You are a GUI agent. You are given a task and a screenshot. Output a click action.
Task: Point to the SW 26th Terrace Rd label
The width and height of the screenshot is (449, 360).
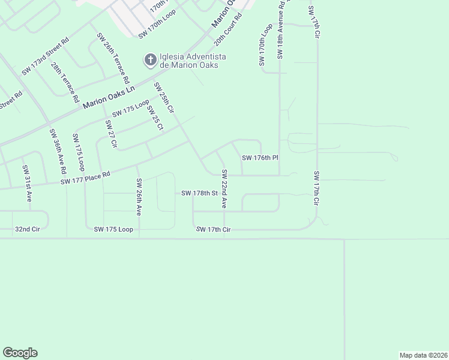(113, 58)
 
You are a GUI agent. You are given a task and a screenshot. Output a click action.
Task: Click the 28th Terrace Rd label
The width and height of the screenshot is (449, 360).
(65, 83)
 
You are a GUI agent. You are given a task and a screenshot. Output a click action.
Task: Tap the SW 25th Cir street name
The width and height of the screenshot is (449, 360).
(164, 98)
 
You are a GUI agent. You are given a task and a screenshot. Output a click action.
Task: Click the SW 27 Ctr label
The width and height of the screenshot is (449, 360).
(110, 134)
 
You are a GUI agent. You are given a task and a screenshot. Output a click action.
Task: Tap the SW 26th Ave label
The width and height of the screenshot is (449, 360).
(139, 197)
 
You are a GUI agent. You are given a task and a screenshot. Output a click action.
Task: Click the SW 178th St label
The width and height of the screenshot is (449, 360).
(199, 193)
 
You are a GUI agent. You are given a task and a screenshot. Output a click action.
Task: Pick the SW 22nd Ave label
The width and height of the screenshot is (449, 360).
(224, 189)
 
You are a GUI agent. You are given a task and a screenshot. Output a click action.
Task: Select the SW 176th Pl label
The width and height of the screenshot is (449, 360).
(260, 158)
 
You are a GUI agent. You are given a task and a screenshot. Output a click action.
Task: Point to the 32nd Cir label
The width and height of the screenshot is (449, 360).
(26, 229)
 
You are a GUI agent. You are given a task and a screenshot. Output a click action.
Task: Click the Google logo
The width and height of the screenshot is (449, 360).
(20, 353)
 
